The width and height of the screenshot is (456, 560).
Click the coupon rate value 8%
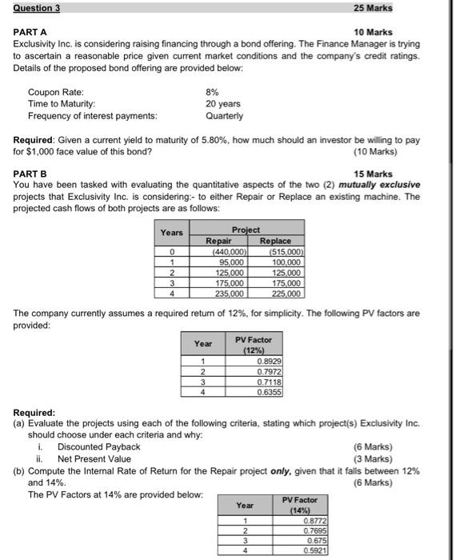point(214,92)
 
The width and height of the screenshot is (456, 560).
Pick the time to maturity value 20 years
point(222,103)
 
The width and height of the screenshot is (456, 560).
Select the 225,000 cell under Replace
point(286,293)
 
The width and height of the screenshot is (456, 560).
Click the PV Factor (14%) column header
point(300,505)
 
